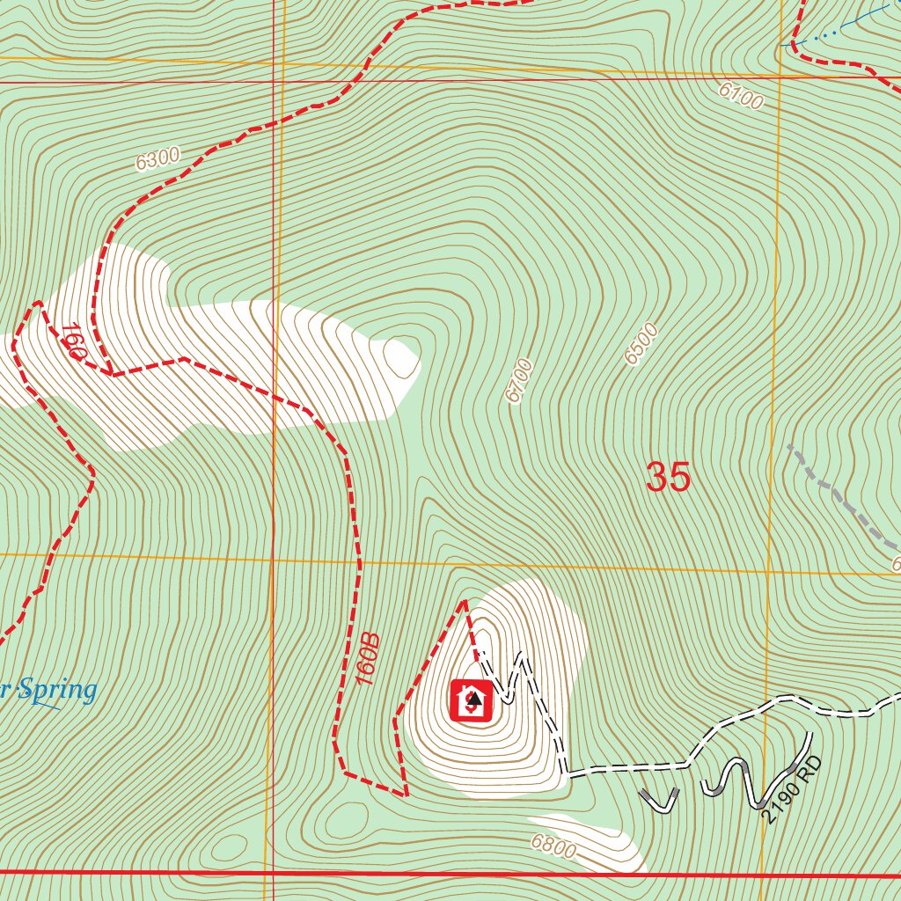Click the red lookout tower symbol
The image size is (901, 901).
pyautogui.click(x=471, y=700)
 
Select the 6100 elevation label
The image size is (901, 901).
pyautogui.click(x=740, y=95)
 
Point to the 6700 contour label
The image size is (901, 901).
pyautogui.click(x=520, y=380)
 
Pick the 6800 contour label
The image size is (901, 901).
pyautogui.click(x=553, y=847)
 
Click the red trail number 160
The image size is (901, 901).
pyautogui.click(x=73, y=342)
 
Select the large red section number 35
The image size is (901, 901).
pyautogui.click(x=669, y=477)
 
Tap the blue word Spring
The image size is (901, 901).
pyautogui.click(x=57, y=690)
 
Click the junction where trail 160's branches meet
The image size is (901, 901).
pyautogui.click(x=112, y=373)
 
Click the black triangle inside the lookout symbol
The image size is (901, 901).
pyautogui.click(x=474, y=699)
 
